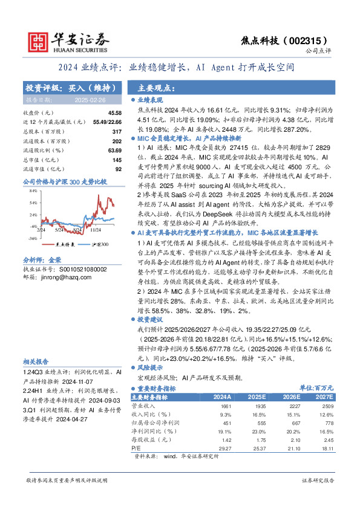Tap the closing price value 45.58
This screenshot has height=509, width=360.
pos(114,112)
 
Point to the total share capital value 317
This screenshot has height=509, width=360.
pos(117,131)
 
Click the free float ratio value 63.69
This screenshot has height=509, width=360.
pos(114,149)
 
